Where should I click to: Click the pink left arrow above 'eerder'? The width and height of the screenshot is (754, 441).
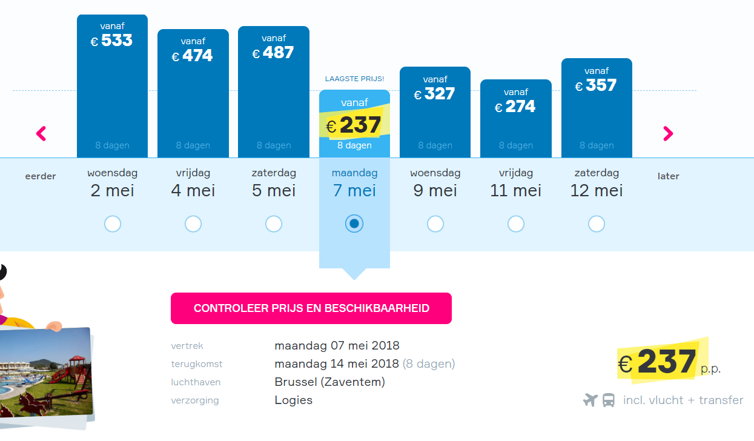tap(41, 134)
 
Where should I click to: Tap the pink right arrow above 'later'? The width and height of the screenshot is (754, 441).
tap(668, 134)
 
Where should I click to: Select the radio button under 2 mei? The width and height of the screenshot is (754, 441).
tap(113, 224)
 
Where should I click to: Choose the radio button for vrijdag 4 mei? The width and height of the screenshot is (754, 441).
tap(193, 224)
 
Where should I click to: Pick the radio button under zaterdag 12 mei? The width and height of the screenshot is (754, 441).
tap(597, 224)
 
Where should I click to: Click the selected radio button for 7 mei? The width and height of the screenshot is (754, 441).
tap(354, 224)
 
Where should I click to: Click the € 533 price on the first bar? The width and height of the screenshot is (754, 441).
tap(111, 41)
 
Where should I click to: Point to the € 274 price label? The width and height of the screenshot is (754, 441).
tap(515, 107)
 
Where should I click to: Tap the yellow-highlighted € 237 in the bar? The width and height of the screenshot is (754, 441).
tap(354, 125)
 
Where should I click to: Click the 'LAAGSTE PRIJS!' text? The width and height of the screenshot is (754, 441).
tap(354, 79)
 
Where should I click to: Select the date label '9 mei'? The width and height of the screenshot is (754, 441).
tap(435, 191)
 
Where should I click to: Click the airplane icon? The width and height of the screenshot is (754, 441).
tap(590, 400)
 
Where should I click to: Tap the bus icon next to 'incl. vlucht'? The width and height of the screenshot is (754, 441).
tap(609, 400)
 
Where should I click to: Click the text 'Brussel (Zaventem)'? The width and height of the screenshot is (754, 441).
tap(330, 382)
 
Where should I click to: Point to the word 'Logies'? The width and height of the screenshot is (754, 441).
tap(294, 400)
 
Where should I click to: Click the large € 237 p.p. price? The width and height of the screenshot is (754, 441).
tap(669, 362)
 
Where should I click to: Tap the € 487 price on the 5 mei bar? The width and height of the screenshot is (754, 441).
tap(273, 53)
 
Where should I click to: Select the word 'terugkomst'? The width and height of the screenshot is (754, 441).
tap(197, 364)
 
